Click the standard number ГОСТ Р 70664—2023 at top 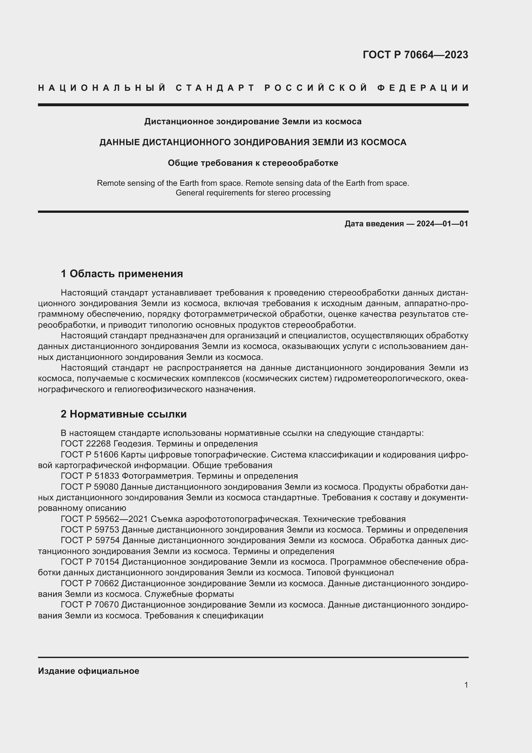415,55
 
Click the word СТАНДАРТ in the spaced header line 215,88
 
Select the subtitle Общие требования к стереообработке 252,163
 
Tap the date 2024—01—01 442,224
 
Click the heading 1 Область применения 122,274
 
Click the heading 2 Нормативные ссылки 124,414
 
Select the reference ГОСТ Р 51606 90,455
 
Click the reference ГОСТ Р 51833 90,476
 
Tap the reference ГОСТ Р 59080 90,487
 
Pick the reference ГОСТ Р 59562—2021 105,519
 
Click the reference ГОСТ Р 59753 90,530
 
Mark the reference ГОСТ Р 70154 90,562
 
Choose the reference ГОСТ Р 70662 90,583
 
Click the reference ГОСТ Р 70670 90,605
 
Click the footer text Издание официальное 88,671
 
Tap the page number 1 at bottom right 466,685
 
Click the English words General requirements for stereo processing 252,193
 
